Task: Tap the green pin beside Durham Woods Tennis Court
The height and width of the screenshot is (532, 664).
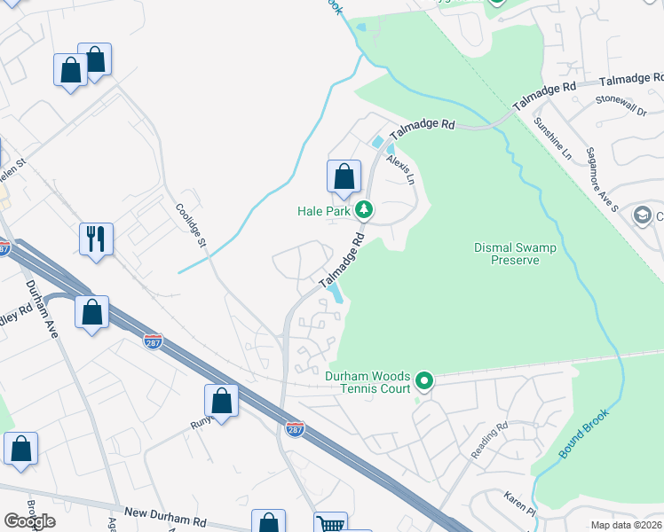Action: point(424,381)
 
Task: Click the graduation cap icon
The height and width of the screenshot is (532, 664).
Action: point(642,215)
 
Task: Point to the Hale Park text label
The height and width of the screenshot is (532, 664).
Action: point(324,211)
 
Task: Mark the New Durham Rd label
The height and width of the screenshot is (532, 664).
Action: point(166,512)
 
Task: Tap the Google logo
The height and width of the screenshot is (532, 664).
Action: point(29,521)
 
